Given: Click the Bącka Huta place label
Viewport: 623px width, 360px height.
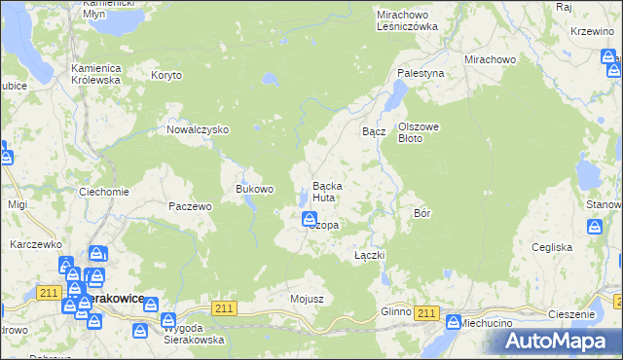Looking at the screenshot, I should [324, 192].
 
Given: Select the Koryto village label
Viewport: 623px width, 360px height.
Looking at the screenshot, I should [166, 74].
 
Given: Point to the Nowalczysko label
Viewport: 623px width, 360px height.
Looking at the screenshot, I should [198, 129].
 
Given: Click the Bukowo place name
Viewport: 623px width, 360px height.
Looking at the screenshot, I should [255, 188].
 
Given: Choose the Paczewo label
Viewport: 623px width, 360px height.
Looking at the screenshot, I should [190, 206].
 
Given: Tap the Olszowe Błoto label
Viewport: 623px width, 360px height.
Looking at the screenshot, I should [422, 132].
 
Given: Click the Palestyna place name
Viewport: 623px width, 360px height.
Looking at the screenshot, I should [421, 73].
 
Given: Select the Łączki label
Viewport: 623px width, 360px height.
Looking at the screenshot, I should [370, 255].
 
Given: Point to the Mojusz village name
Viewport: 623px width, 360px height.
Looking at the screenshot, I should [307, 298].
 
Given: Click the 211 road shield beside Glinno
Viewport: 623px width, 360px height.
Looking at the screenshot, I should [425, 311].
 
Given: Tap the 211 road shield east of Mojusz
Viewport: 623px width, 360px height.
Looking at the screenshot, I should [225, 308].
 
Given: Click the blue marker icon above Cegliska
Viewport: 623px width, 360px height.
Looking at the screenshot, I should [595, 227].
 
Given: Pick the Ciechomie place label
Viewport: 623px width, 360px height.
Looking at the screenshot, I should [104, 192].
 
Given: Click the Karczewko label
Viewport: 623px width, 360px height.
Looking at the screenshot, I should [36, 244].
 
